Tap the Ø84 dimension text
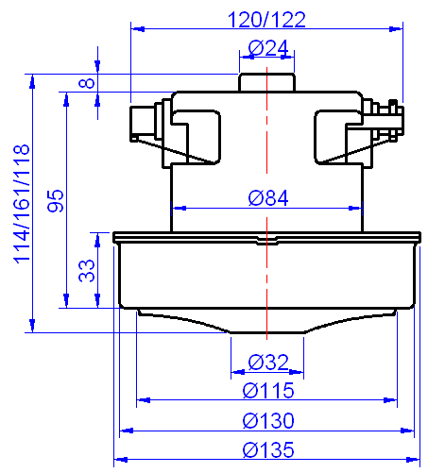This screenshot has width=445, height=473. click(x=267, y=197)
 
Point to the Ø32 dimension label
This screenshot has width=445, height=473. click(x=267, y=362)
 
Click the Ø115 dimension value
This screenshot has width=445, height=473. click(x=267, y=390)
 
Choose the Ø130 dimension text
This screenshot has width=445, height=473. click(x=267, y=420)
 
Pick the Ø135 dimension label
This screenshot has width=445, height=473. click(x=267, y=449)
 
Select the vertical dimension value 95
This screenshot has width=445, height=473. click(x=56, y=200)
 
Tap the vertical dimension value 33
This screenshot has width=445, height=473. click(x=86, y=272)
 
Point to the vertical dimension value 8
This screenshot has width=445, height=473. click(x=86, y=83)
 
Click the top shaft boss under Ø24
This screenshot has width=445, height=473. click(x=267, y=82)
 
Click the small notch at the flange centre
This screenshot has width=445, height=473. click(x=267, y=240)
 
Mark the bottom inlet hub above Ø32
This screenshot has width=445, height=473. click(x=267, y=326)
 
